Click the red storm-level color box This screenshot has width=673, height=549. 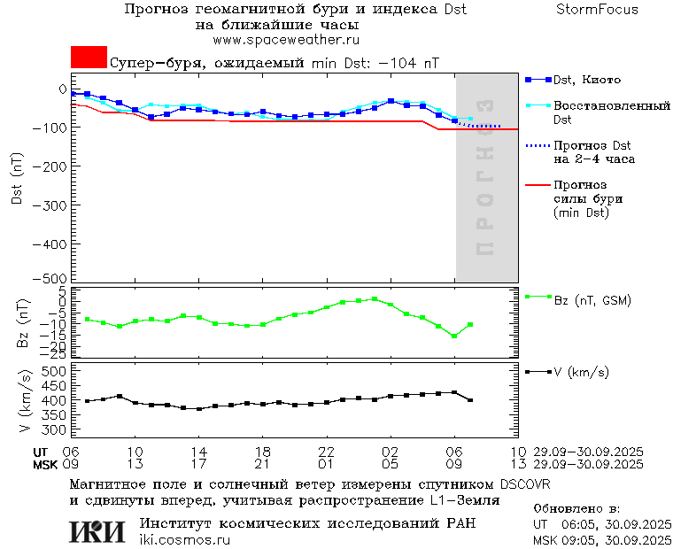tap(89, 58)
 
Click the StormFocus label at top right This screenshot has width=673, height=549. tap(597, 10)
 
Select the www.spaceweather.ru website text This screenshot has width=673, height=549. tap(285, 40)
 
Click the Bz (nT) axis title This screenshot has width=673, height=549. tap(23, 323)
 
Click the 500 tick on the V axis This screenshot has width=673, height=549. tap(55, 371)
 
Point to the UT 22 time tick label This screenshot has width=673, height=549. tap(326, 451)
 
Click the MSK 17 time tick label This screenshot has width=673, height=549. tap(198, 463)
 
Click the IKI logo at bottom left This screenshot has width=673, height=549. tap(97, 530)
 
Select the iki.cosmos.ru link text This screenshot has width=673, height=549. tap(184, 539)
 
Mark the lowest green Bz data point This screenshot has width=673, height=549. tap(454, 336)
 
